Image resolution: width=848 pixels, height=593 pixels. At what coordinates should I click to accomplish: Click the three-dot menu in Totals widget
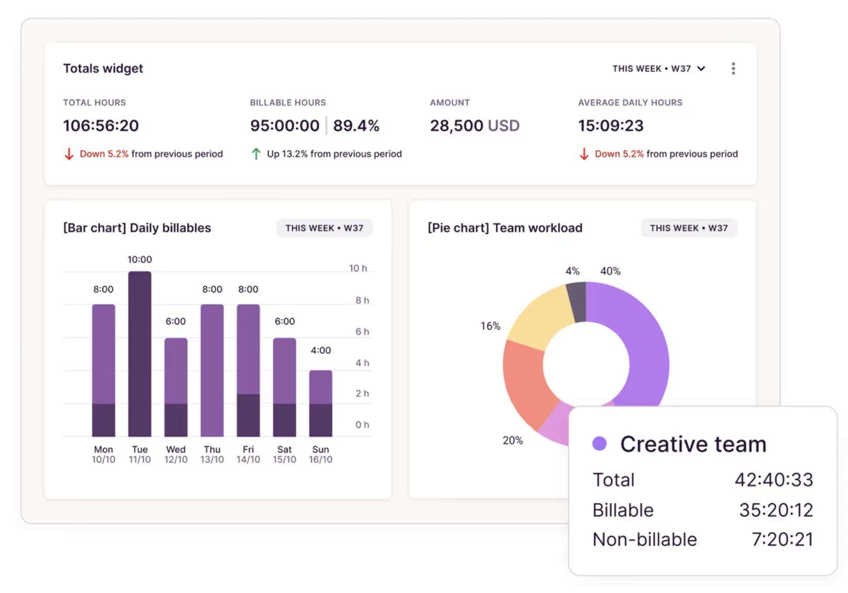click(x=733, y=69)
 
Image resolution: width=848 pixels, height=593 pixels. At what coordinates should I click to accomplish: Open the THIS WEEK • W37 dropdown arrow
click(x=701, y=69)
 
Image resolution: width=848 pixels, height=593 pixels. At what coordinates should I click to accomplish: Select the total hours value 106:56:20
click(x=101, y=126)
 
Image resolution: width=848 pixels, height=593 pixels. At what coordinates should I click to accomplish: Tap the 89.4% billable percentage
click(x=356, y=126)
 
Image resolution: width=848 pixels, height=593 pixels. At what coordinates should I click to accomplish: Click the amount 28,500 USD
click(x=474, y=126)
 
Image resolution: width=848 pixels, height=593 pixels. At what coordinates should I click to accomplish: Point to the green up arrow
click(x=256, y=154)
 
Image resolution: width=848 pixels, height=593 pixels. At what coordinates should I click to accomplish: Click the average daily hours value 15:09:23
click(x=610, y=126)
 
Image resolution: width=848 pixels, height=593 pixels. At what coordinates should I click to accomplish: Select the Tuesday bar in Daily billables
click(x=140, y=353)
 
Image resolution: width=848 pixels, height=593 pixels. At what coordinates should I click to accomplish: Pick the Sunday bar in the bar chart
click(x=320, y=403)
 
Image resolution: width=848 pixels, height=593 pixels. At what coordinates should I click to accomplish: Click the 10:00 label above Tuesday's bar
click(x=140, y=260)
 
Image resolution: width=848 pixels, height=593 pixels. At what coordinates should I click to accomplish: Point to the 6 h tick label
click(x=362, y=331)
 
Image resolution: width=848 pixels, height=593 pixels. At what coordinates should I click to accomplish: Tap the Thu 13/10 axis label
click(x=212, y=455)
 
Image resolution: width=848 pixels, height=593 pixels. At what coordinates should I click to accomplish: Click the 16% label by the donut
click(x=490, y=326)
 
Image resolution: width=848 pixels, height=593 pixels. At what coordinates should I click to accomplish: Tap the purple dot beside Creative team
click(x=599, y=444)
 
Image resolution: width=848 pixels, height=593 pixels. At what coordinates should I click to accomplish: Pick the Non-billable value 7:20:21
click(x=782, y=540)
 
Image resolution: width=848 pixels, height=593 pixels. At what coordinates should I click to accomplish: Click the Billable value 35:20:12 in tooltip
click(x=776, y=510)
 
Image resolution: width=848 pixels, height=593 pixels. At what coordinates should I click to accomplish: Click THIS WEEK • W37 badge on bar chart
click(x=324, y=228)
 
